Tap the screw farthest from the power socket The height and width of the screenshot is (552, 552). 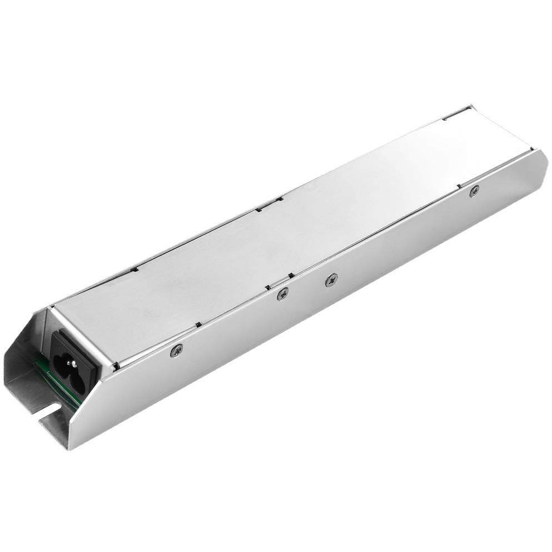click(x=474, y=191)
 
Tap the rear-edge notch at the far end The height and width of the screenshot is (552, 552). click(x=447, y=118)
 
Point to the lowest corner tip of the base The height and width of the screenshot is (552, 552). click(x=67, y=448)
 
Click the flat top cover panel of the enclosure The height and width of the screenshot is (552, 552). click(x=278, y=233)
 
